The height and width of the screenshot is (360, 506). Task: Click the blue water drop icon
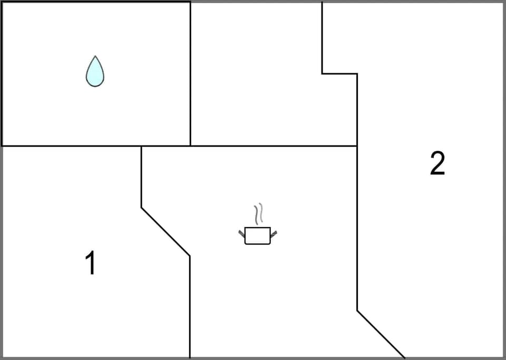click(x=95, y=72)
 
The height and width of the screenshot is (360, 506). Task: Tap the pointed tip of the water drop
click(x=95, y=57)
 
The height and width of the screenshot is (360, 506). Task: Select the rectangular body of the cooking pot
click(x=257, y=236)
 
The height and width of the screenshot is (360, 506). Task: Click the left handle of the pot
click(x=242, y=233)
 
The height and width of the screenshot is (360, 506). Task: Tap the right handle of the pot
click(x=273, y=233)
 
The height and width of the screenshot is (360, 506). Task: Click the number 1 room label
click(x=91, y=263)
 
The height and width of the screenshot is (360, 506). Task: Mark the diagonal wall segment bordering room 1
click(x=166, y=232)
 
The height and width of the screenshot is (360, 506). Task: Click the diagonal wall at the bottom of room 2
click(x=381, y=334)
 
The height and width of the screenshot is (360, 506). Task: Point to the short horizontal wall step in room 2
click(x=339, y=74)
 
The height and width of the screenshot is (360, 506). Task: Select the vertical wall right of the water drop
click(x=190, y=74)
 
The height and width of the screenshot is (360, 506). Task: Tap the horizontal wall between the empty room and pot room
click(x=274, y=146)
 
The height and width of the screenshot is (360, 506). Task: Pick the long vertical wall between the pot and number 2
click(x=357, y=227)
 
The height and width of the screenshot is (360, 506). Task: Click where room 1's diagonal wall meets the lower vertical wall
click(x=190, y=256)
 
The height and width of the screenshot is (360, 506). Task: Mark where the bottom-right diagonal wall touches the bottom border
click(x=404, y=357)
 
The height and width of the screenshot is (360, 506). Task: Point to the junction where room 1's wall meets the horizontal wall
click(x=141, y=146)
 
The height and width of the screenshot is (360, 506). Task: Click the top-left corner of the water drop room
click(x=2, y=2)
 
